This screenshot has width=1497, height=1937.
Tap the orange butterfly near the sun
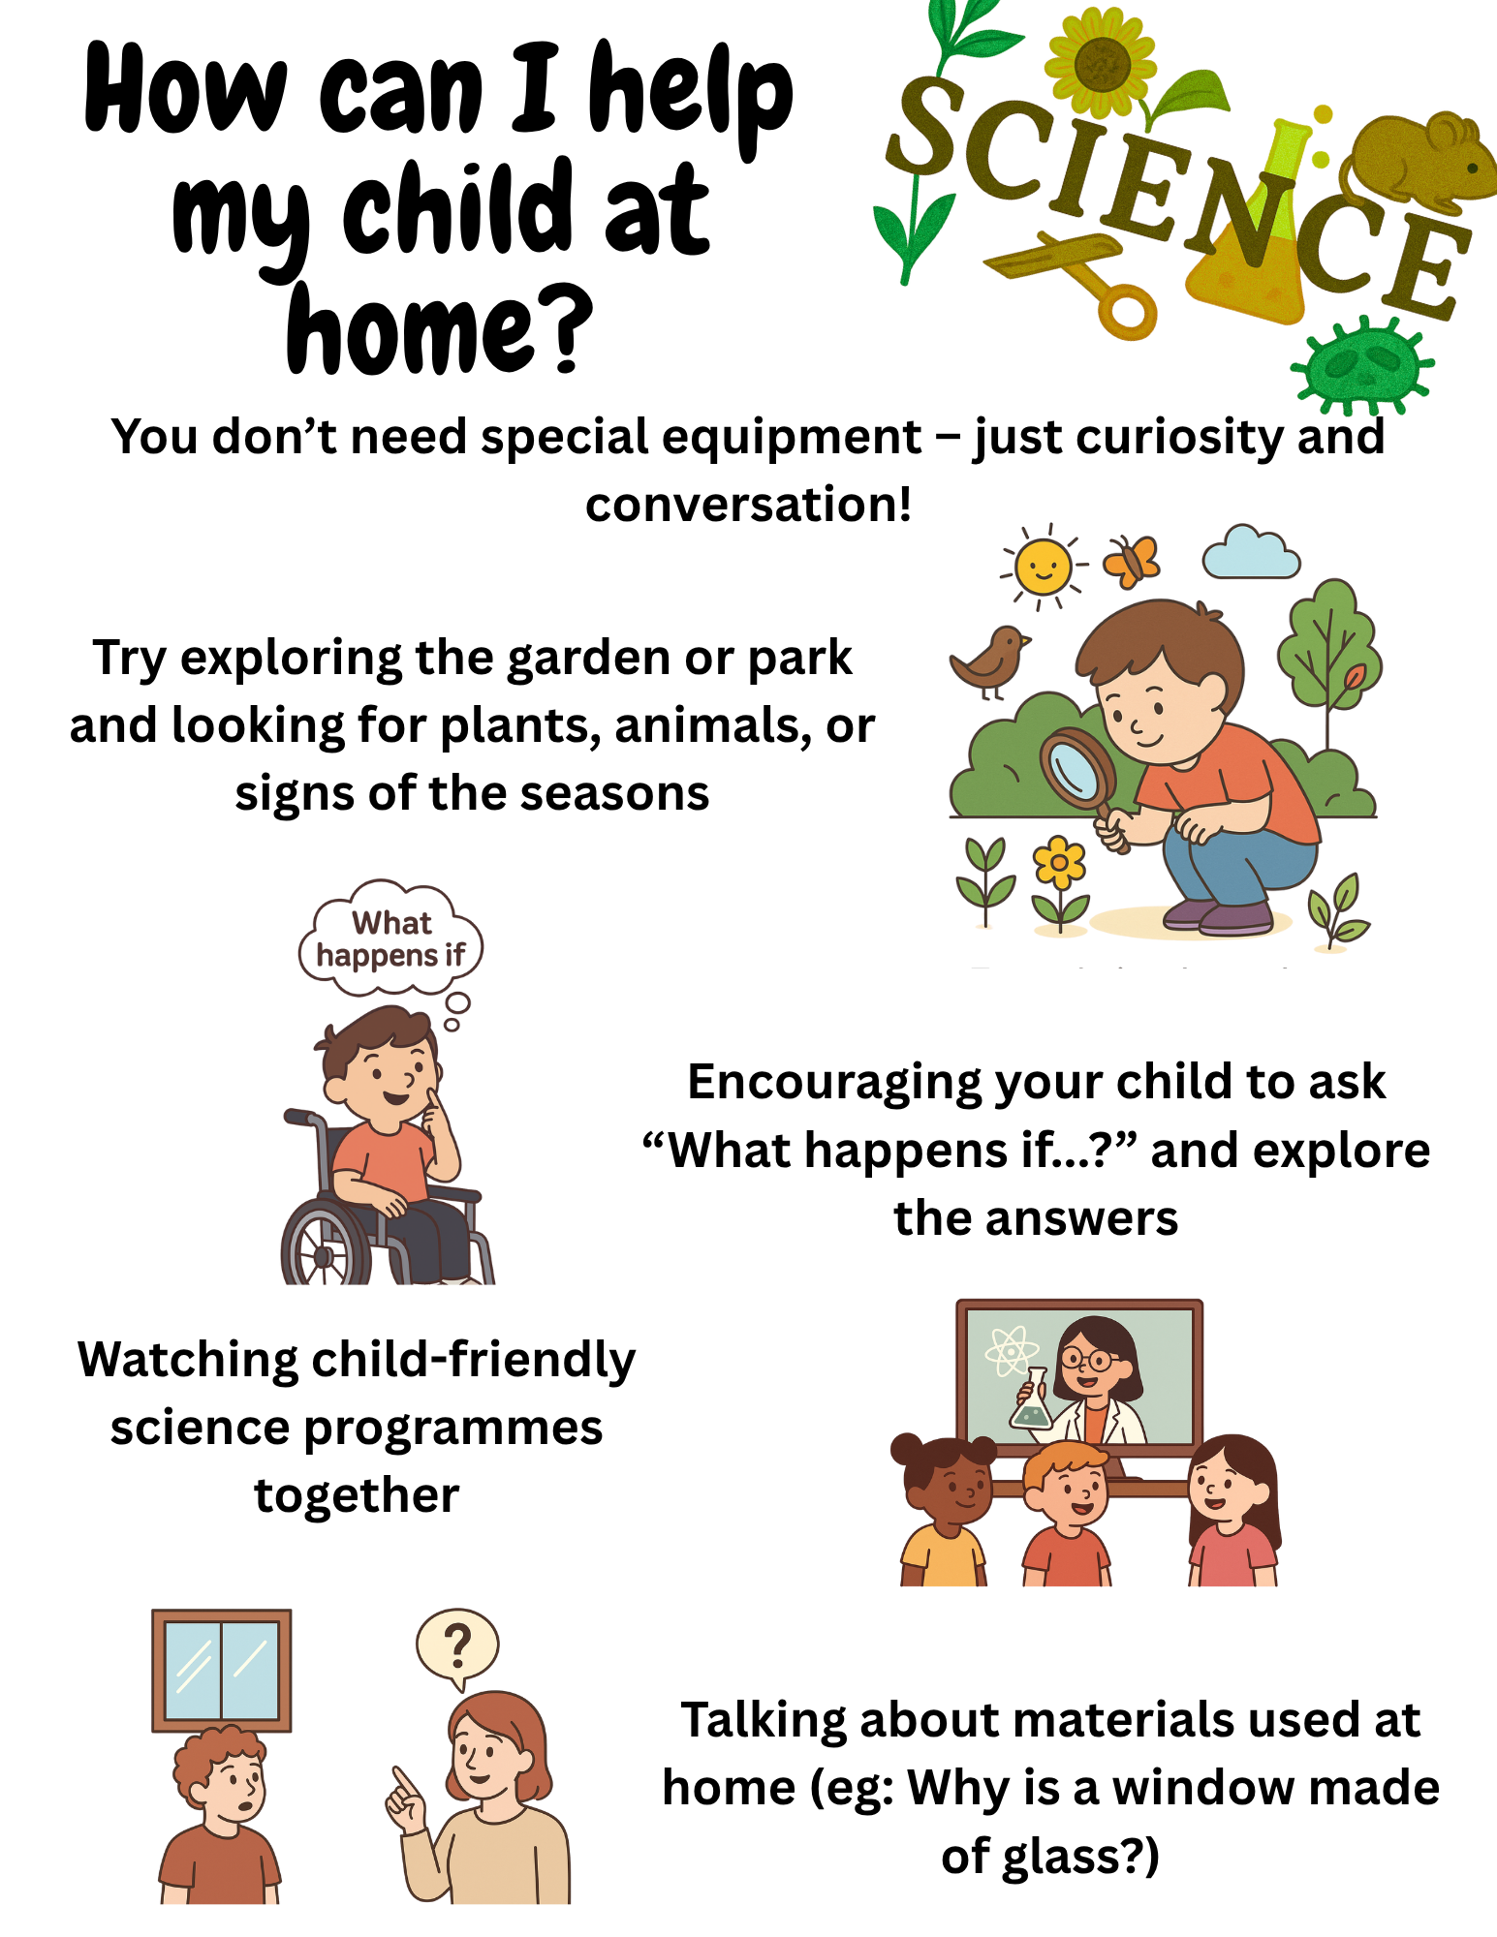pos(1131,562)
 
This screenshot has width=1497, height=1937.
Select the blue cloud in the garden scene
pos(1251,553)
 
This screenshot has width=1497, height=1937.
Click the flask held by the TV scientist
pos(1031,1400)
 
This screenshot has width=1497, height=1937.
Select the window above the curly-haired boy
pos(222,1671)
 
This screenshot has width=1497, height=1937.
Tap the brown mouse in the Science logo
pos(1418,160)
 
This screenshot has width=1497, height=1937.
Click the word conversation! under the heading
pos(748,505)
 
